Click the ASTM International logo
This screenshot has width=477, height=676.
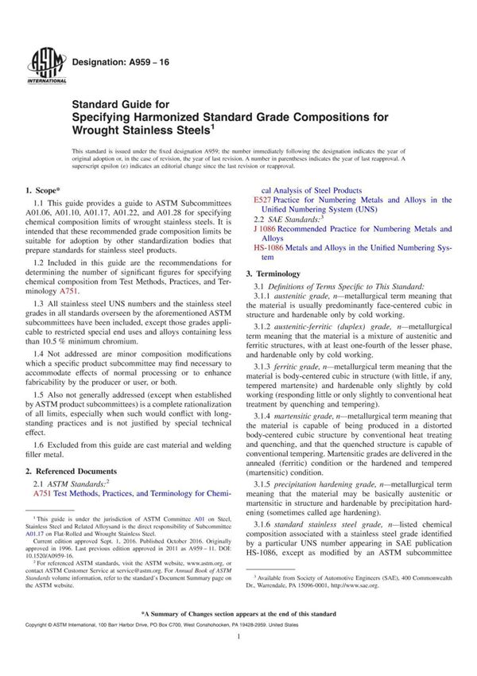pos(40,63)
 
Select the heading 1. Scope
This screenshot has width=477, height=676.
pos(48,191)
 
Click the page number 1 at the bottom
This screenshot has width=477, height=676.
pos(238,649)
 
